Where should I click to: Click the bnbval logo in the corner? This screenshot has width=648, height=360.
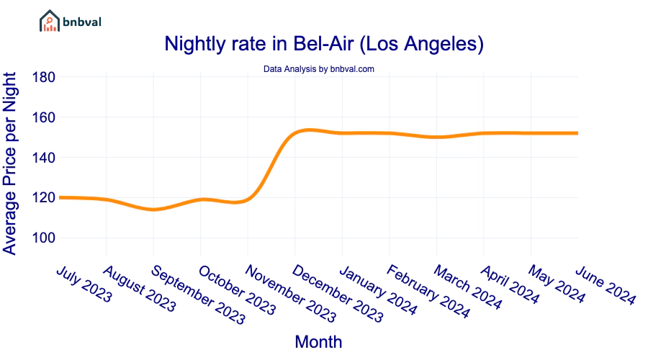click(70, 22)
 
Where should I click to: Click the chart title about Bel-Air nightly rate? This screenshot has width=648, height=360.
click(323, 44)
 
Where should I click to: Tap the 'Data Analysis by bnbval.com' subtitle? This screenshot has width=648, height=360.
click(318, 69)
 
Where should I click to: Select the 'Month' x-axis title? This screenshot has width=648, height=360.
click(318, 341)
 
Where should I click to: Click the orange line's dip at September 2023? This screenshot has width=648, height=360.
click(153, 210)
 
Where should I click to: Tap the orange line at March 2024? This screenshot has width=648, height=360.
click(437, 137)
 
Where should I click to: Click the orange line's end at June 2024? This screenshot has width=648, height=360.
click(577, 133)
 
